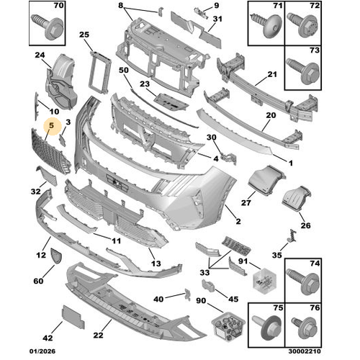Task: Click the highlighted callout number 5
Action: [52, 125]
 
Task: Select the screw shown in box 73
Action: [303, 70]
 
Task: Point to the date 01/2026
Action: [42, 351]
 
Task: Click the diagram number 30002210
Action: [305, 351]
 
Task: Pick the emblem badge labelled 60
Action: [55, 256]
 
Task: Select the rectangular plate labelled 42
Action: [73, 317]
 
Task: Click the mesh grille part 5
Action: [51, 151]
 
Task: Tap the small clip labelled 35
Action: [292, 235]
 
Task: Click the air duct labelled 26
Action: [297, 199]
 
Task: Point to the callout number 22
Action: [98, 335]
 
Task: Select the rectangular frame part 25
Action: [99, 72]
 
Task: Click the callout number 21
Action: [272, 74]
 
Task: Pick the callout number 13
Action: [156, 264]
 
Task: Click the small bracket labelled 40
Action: [187, 294]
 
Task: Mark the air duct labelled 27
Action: [266, 179]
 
